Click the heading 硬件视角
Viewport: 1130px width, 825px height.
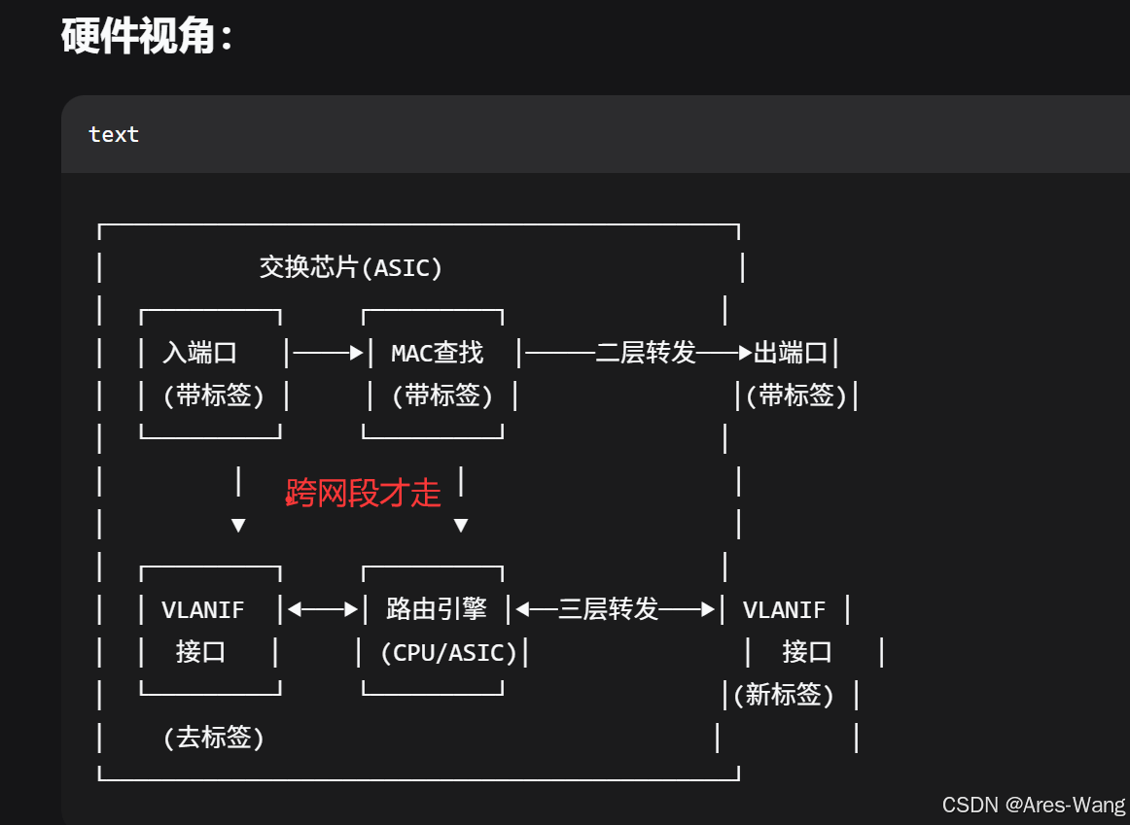146,37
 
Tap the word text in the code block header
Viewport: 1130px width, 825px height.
114,134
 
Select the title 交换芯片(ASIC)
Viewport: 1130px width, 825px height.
351,267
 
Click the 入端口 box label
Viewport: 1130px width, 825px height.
199,352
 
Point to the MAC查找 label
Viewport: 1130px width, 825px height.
437,352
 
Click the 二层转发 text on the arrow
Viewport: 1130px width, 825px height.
646,352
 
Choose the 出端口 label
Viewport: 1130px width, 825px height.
790,352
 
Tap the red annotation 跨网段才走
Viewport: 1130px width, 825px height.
364,493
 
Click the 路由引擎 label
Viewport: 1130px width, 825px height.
436,609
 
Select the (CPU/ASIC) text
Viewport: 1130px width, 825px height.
448,652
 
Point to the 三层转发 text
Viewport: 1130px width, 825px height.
609,609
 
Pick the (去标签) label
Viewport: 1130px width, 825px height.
213,738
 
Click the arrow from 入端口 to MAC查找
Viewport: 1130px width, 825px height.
328,353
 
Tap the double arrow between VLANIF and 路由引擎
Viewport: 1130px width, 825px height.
323,610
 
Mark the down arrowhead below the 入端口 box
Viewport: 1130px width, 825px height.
238,526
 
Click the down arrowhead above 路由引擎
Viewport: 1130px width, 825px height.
461,526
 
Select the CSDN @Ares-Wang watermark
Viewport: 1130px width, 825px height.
1033,805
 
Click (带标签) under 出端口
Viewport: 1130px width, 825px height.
796,395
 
